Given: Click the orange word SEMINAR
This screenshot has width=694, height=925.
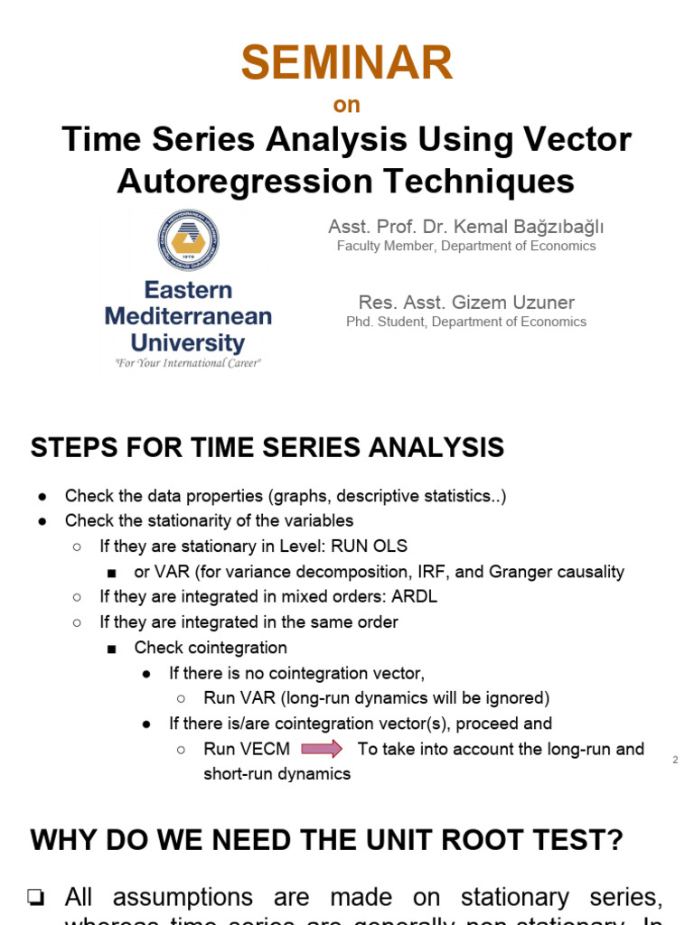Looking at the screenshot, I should [346, 63].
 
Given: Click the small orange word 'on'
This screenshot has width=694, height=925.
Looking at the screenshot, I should [346, 105].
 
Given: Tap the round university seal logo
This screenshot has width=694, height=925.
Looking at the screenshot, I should [188, 239].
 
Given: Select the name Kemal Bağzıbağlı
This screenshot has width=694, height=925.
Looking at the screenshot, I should [512, 227].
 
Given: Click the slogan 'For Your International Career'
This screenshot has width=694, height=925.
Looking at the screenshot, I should [188, 363].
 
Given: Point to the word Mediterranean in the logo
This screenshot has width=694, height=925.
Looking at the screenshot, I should [188, 316].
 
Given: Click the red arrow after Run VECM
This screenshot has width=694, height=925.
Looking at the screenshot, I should [321, 749].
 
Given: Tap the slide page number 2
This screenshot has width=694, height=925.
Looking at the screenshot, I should [675, 760].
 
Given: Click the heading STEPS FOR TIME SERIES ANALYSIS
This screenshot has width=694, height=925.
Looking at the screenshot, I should [267, 447].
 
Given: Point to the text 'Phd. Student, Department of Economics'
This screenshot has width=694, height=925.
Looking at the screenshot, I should [466, 322].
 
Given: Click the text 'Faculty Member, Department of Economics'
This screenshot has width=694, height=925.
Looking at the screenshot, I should [466, 246].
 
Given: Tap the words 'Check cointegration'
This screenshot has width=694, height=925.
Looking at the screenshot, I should [211, 647].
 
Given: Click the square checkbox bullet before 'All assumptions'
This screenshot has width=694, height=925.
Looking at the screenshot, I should [37, 897].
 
